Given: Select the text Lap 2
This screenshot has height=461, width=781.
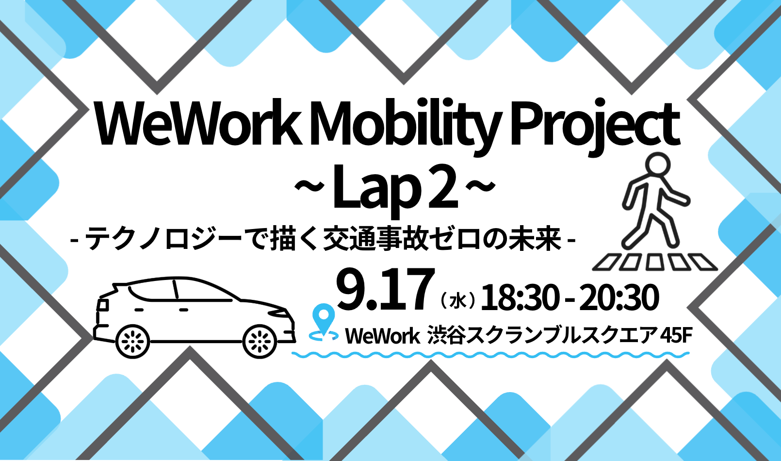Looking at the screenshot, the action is tap(395, 191).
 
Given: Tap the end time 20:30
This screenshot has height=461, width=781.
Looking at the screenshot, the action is tap(619, 297).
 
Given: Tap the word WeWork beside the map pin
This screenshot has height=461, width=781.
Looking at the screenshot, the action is tap(382, 336).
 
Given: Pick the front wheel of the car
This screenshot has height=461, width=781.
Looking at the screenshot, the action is tap(260, 341).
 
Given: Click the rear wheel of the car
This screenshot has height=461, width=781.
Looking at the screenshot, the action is tap(132, 341).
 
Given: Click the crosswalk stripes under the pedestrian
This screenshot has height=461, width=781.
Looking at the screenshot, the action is tap(655, 263).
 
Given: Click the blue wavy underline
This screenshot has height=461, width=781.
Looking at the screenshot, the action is tap(490, 355).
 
